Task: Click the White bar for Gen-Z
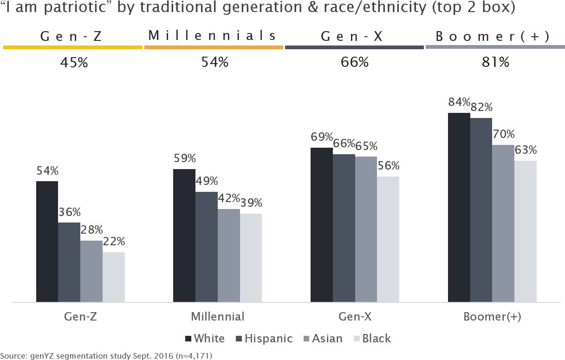click(x=47, y=242)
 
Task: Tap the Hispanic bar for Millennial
click(x=206, y=247)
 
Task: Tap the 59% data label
click(x=184, y=158)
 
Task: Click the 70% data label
click(x=503, y=135)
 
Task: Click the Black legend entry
click(x=372, y=339)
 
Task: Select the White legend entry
click(x=204, y=339)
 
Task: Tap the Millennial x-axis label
click(x=217, y=317)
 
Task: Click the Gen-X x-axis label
click(x=355, y=317)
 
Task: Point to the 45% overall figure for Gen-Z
click(x=74, y=63)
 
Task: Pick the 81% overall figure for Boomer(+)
click(x=495, y=62)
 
